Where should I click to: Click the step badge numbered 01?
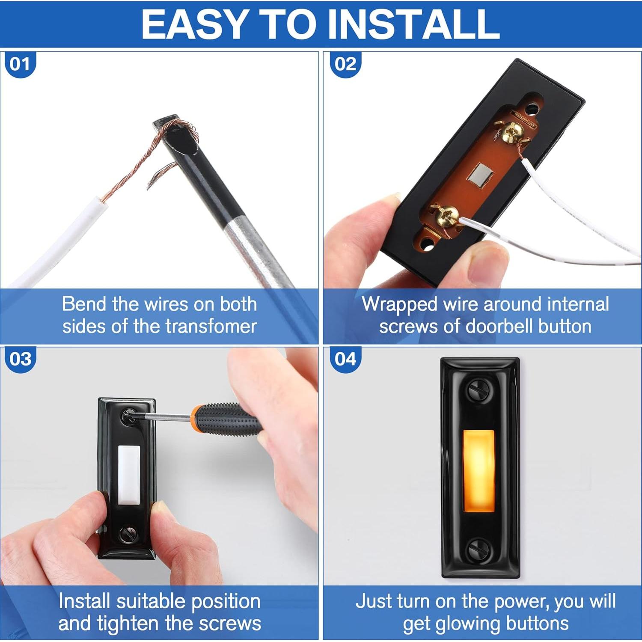(x=20, y=64)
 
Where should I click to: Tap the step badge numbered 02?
(x=345, y=64)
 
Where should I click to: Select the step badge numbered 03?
(x=20, y=359)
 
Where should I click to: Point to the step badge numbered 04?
(x=345, y=359)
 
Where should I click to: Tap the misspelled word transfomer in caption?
(x=211, y=326)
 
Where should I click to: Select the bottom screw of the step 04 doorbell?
(x=476, y=549)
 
